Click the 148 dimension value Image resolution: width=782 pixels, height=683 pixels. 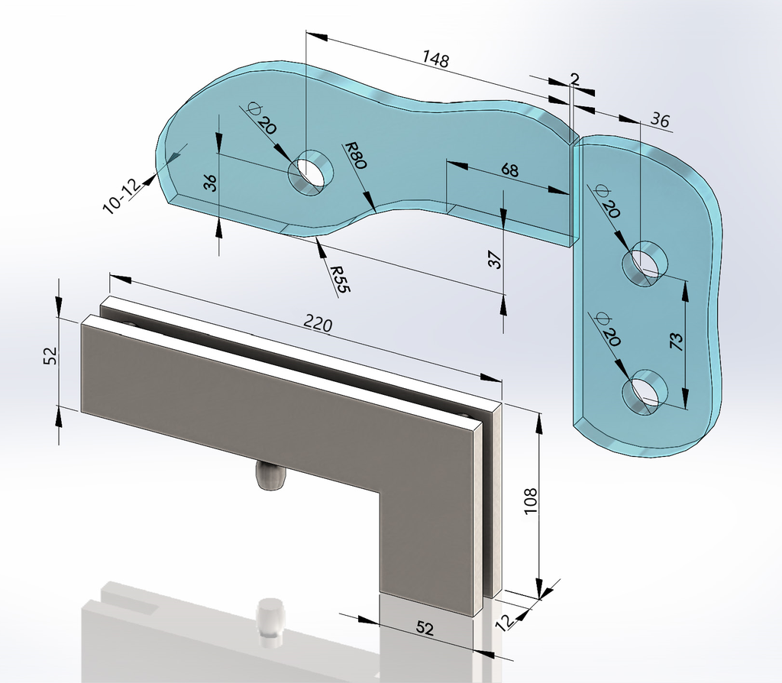[x=436, y=59]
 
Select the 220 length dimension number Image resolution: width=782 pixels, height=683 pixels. [x=318, y=324]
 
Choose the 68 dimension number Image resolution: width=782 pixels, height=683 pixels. [x=509, y=170]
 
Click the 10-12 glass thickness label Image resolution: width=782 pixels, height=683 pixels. [x=121, y=197]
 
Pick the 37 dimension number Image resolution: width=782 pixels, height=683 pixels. [x=495, y=260]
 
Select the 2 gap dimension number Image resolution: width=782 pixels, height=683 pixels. [x=574, y=79]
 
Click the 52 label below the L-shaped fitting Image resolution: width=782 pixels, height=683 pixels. [x=425, y=628]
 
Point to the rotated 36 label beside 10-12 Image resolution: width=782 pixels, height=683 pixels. [x=211, y=183]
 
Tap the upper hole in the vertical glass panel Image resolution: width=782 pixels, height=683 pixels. [x=645, y=264]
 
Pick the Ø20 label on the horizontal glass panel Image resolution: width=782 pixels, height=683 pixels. [x=261, y=118]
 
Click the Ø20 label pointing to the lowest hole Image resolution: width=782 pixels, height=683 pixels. [x=606, y=330]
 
